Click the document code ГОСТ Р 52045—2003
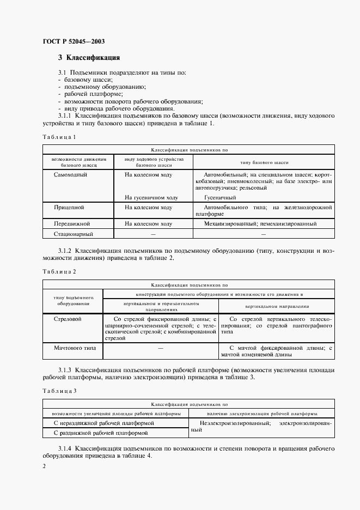point(74,41)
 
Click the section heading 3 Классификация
point(89,58)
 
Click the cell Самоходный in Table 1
point(71,175)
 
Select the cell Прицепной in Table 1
point(69,208)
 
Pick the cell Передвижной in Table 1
point(71,223)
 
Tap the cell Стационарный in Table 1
point(74,234)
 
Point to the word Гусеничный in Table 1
point(220,197)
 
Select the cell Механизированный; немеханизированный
point(260,223)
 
